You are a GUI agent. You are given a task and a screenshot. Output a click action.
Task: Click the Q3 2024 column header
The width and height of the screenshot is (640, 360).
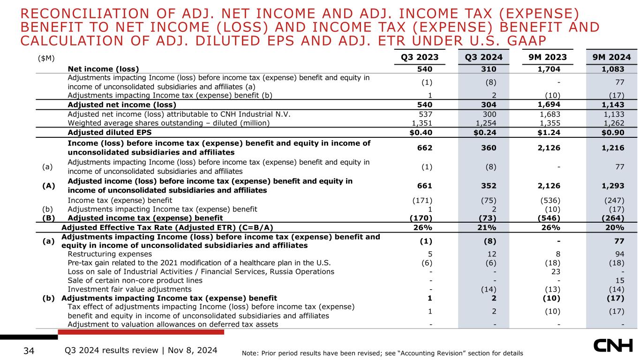(483, 57)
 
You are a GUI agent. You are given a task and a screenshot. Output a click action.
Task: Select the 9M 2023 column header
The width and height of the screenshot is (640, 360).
(548, 57)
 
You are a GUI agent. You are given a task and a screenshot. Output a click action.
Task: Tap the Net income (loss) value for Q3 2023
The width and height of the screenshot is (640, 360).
(425, 69)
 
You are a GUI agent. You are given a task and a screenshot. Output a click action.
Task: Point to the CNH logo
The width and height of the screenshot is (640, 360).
(613, 345)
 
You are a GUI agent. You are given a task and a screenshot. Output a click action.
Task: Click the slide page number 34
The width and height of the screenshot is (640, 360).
(29, 351)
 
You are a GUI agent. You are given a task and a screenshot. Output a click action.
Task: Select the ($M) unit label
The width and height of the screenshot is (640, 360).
(46, 59)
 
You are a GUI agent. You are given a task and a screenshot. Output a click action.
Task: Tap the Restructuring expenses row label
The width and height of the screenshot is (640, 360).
(110, 254)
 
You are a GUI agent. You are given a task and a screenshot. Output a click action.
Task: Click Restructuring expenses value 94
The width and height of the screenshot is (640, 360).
(620, 254)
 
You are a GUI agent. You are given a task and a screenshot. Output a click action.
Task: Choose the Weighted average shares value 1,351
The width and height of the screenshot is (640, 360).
(422, 123)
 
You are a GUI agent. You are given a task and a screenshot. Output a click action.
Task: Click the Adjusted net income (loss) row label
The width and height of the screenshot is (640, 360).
(122, 105)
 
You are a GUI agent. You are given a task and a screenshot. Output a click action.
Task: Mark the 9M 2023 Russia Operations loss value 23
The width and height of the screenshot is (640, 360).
(556, 272)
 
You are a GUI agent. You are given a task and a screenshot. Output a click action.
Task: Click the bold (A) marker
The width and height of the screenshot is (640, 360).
(49, 186)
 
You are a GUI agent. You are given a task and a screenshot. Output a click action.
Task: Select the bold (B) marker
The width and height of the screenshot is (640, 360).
(49, 218)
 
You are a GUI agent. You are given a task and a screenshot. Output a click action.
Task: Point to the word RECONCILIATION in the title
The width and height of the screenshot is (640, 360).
(85, 14)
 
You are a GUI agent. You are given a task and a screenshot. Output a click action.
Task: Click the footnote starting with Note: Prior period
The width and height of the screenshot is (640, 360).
(382, 353)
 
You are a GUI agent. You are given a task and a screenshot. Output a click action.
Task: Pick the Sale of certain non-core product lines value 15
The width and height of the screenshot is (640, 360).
(620, 281)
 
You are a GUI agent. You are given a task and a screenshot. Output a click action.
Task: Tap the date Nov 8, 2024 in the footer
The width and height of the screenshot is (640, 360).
(193, 351)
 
